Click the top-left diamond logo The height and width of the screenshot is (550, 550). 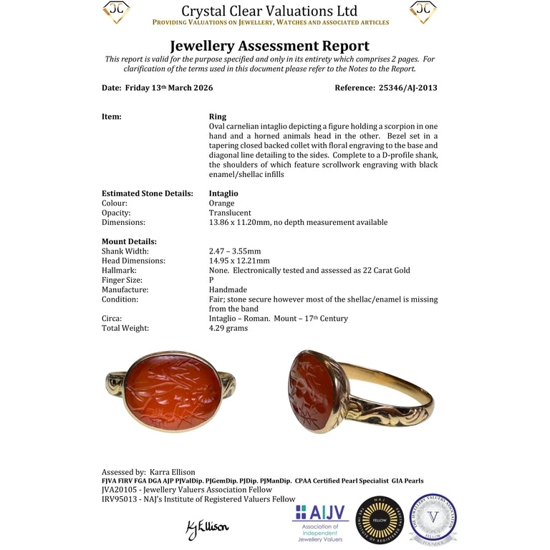coord(116,12)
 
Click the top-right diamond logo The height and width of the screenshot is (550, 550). coord(423,12)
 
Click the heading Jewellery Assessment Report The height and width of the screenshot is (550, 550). coord(269,47)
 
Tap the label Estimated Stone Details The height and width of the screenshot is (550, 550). coord(147,193)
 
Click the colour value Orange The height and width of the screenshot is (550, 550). coord(221,203)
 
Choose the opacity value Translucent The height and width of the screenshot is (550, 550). coord(230,213)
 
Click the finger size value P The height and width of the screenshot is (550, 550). coord(211,280)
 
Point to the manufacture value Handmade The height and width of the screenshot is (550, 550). coord(229,290)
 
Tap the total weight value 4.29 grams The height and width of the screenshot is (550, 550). coord(228,328)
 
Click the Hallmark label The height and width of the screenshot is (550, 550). coord(119,271)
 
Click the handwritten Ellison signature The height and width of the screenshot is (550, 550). coord(207,528)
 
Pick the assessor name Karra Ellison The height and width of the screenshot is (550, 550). coord(172,472)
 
